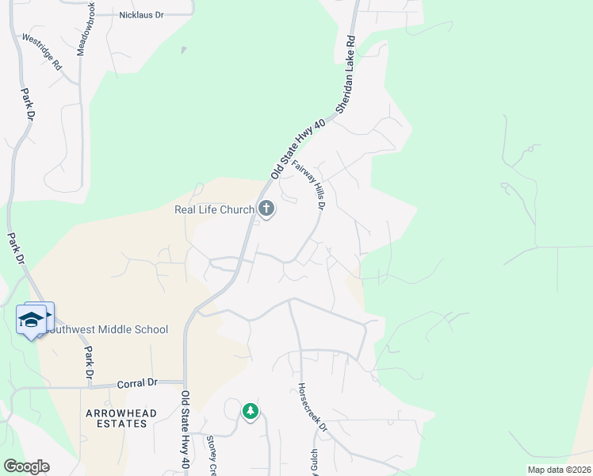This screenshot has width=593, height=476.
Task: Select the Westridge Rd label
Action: pyautogui.click(x=42, y=53)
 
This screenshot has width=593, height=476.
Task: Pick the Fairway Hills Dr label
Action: pyautogui.click(x=310, y=186)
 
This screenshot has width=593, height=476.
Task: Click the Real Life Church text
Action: pyautogui.click(x=214, y=209)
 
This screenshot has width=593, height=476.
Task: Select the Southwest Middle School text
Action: pyautogui.click(x=107, y=329)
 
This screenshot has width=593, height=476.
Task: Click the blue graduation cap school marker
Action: pyautogui.click(x=32, y=320)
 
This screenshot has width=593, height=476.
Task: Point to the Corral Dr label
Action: pyautogui.click(x=137, y=383)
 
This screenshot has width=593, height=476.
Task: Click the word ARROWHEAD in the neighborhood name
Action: pyautogui.click(x=122, y=413)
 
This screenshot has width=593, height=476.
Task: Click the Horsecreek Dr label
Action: pyautogui.click(x=312, y=408)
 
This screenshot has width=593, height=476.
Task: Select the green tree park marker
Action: pyautogui.click(x=251, y=410)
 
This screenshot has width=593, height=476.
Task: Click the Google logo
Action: pyautogui.click(x=25, y=466)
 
